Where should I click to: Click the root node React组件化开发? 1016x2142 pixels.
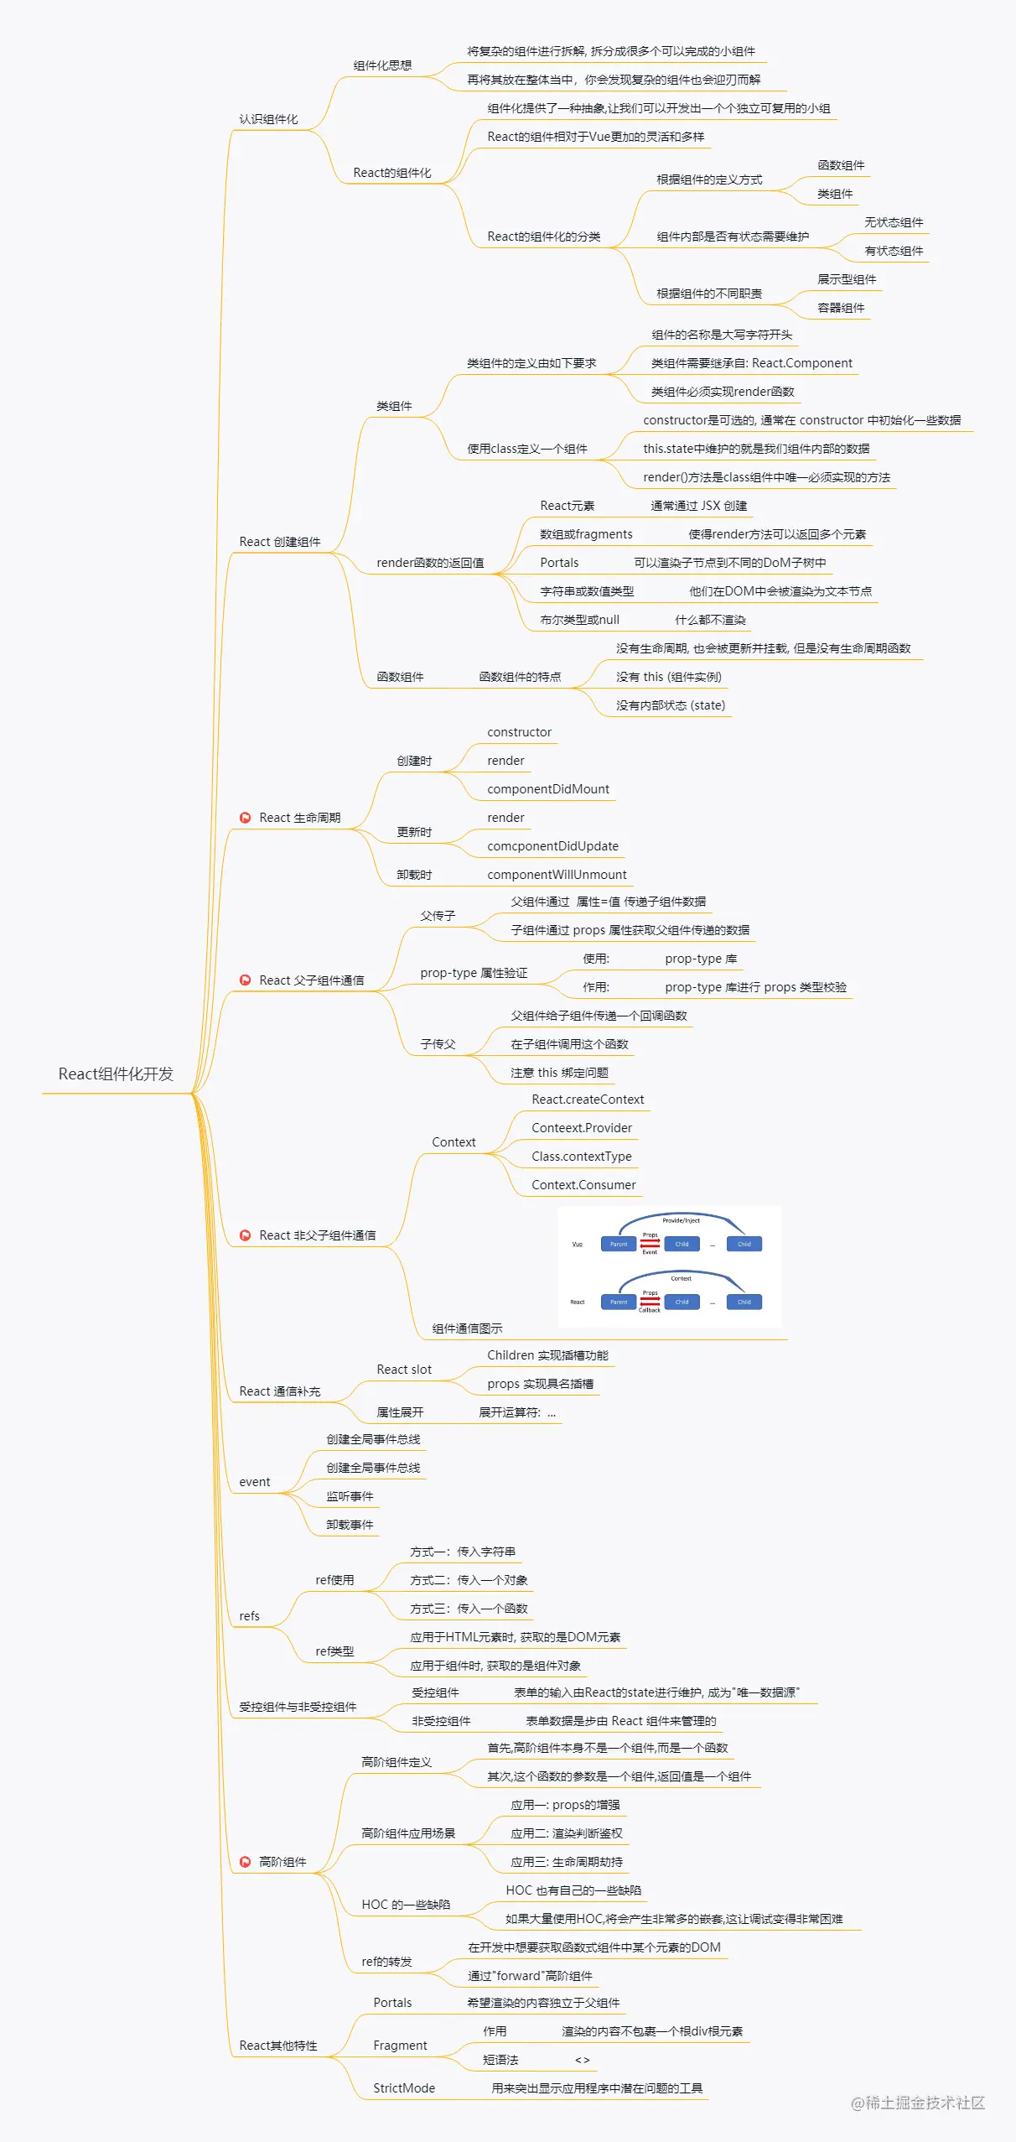[116, 1074]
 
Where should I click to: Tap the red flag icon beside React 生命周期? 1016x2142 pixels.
[245, 818]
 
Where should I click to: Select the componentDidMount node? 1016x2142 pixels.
[548, 789]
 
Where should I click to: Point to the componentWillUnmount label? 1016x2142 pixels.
[557, 875]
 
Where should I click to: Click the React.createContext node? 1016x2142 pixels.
[588, 1100]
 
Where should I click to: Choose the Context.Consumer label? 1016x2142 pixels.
[583, 1185]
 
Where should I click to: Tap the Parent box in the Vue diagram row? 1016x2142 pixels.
[619, 1244]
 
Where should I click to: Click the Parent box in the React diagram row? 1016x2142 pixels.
[619, 1302]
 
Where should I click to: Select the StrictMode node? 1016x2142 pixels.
[404, 2088]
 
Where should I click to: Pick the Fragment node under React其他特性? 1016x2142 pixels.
[400, 2046]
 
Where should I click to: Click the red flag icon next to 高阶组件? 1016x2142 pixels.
[245, 1862]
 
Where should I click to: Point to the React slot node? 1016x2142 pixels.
[404, 1370]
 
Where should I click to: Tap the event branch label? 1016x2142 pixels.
[255, 1482]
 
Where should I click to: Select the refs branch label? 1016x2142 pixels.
[249, 1616]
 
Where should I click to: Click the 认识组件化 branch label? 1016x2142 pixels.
[268, 119]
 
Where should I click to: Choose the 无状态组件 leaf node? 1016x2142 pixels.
[894, 222]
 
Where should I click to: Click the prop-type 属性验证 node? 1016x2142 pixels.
[474, 973]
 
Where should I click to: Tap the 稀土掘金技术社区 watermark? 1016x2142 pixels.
[918, 2103]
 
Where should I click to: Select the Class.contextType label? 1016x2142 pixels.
[582, 1157]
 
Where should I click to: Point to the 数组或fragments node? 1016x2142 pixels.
[586, 534]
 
